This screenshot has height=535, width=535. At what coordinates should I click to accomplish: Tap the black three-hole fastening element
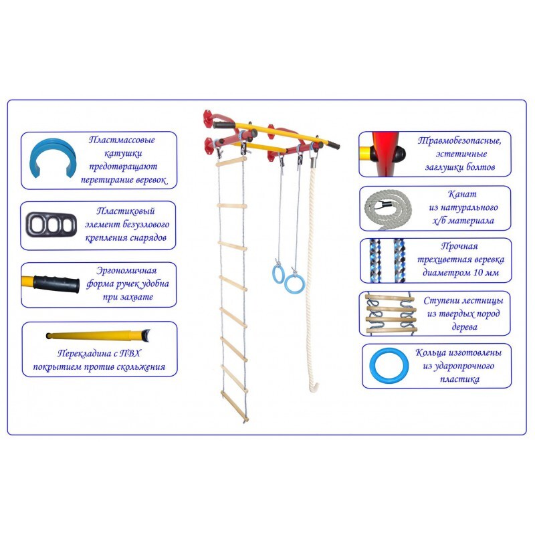(51, 225)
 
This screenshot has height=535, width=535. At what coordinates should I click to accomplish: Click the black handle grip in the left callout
(56, 283)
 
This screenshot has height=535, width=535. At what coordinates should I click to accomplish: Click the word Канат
(462, 194)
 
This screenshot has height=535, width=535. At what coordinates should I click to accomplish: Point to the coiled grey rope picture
(388, 209)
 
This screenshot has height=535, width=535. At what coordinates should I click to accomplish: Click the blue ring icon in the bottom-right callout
(389, 366)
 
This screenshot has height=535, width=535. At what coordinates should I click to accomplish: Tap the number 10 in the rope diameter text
(477, 272)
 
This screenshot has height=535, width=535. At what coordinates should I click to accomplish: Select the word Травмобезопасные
(459, 140)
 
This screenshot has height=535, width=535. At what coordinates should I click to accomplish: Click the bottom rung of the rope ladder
(235, 405)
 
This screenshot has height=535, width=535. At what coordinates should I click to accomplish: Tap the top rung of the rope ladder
(231, 161)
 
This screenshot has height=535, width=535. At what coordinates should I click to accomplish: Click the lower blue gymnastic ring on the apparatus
(294, 284)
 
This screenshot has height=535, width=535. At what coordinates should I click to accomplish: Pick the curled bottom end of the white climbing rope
(314, 387)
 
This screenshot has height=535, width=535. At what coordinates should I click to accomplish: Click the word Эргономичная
(126, 271)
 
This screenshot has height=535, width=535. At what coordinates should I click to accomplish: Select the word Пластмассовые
(122, 140)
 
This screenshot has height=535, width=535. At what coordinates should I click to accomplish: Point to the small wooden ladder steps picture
(391, 314)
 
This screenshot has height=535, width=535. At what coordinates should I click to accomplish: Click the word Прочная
(459, 246)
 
